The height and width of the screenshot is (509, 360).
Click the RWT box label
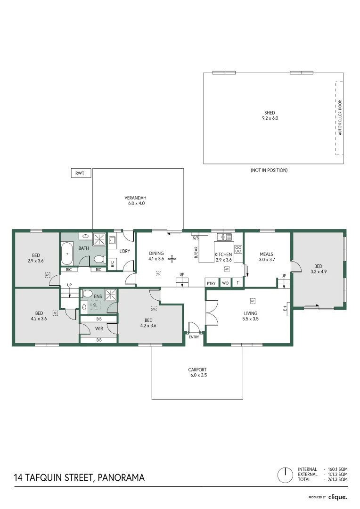[80, 173]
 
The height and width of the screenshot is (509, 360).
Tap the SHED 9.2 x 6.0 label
[270, 115]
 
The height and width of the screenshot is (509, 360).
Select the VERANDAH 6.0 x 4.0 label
[134, 200]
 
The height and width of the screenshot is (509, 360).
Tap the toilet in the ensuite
[85, 307]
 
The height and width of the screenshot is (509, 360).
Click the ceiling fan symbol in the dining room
[172, 258]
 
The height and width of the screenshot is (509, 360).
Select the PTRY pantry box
[211, 283]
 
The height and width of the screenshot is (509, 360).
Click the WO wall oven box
[225, 283]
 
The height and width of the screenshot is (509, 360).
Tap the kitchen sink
[221, 237]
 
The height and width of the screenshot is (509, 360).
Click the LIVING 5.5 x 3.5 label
[251, 316]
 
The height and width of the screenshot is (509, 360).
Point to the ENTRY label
[193, 337]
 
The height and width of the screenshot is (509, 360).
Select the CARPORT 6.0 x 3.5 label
[197, 372]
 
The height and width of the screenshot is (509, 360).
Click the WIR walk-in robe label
[98, 328]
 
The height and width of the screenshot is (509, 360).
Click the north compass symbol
[284, 475]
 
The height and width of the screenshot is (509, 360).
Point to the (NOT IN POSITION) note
[269, 170]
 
